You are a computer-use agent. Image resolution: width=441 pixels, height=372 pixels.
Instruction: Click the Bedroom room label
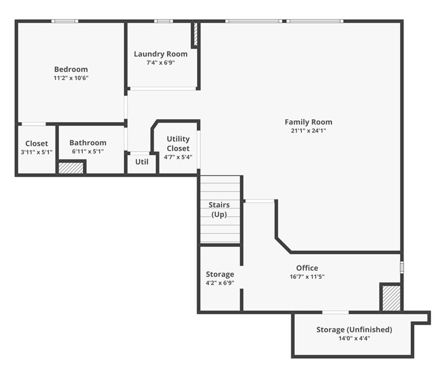(71, 69)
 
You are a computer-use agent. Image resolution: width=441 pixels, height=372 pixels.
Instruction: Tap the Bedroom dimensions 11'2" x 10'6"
(71, 78)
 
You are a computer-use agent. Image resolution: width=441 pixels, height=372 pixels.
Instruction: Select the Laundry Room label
(161, 54)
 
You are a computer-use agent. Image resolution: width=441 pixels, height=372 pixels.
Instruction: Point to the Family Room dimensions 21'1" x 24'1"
(309, 131)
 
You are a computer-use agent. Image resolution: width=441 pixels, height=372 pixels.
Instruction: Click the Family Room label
(309, 122)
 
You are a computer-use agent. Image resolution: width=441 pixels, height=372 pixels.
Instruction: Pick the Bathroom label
(88, 142)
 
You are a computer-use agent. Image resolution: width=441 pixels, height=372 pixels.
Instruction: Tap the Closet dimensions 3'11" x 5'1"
(36, 152)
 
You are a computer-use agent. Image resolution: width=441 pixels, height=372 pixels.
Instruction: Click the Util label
(142, 162)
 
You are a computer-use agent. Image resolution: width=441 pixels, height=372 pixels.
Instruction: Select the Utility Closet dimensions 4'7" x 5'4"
(178, 157)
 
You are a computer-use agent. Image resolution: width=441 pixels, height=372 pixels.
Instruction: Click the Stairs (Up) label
(219, 209)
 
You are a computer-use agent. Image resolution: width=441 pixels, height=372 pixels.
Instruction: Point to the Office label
(307, 268)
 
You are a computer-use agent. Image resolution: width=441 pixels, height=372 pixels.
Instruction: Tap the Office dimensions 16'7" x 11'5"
(307, 277)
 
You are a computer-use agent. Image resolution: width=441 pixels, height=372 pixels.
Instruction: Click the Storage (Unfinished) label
(354, 329)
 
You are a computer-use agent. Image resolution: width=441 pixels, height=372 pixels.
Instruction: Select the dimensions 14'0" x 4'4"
(354, 338)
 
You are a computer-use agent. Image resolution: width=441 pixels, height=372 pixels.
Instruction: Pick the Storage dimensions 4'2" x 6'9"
(220, 283)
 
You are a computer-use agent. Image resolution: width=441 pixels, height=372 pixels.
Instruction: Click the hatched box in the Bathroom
(71, 168)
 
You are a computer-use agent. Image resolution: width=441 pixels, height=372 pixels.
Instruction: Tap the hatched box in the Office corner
(391, 298)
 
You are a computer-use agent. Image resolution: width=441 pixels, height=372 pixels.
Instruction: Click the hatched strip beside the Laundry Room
(196, 34)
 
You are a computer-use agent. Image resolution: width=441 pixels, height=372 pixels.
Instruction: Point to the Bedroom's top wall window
(65, 21)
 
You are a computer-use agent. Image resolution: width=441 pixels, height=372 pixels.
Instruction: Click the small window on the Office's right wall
(402, 267)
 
